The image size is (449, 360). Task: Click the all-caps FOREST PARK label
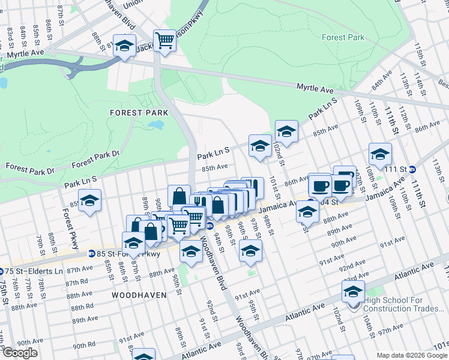pos(134,112)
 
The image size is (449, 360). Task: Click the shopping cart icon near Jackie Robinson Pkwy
pos(164,41)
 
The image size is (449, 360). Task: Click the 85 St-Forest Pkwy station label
pos(128,254)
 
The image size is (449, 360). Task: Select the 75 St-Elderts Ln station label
pos(34,271)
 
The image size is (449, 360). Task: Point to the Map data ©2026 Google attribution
pos(411,355)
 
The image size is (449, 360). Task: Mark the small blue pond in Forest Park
pos(155,125)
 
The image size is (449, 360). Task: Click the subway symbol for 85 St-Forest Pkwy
pos(91,254)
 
